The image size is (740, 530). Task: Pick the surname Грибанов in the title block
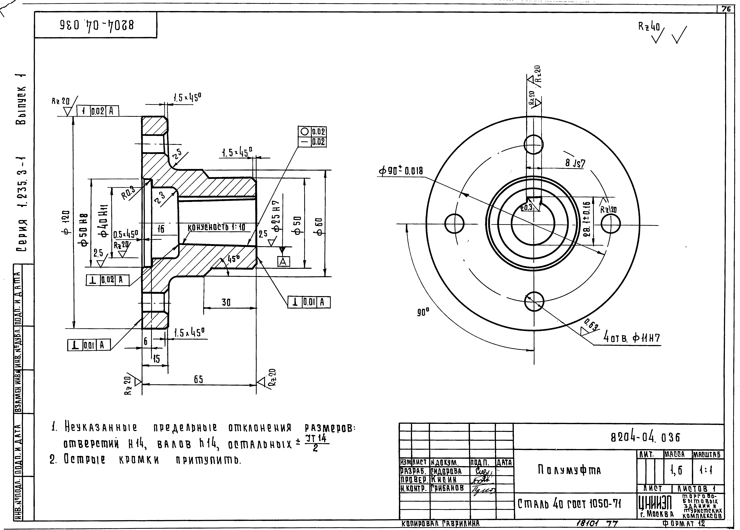click(447, 488)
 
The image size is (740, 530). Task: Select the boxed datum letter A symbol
click(283, 261)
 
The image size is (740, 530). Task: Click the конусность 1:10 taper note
click(217, 227)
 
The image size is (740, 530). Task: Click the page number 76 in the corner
click(726, 9)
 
